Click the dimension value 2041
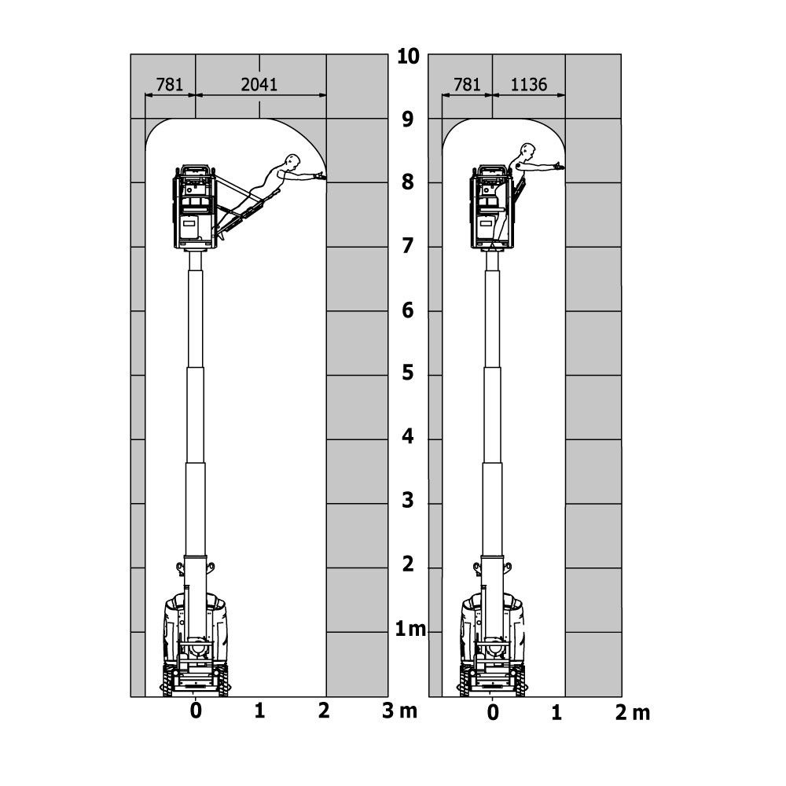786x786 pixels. (x=259, y=84)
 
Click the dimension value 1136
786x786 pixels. (x=528, y=84)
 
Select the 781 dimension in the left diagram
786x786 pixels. (x=170, y=84)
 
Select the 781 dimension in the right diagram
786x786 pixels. (x=467, y=84)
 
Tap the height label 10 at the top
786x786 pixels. (x=408, y=57)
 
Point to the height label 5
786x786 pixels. (x=408, y=373)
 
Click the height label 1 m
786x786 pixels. (x=410, y=628)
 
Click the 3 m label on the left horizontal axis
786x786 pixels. (x=399, y=711)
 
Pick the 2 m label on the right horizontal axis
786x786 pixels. (x=633, y=713)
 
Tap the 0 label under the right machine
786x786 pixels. (x=493, y=713)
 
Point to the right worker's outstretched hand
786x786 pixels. (x=559, y=165)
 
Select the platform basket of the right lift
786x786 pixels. (x=490, y=207)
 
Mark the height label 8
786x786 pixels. (x=408, y=183)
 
